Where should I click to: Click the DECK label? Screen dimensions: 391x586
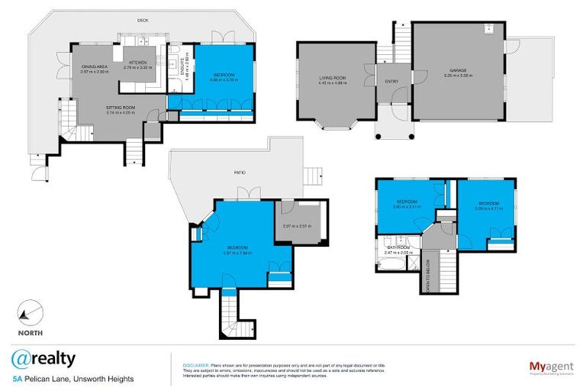pyautogui.click(x=143, y=20)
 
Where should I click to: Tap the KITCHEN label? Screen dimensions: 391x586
pyautogui.click(x=138, y=62)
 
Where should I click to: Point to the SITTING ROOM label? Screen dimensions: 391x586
pyautogui.click(x=120, y=108)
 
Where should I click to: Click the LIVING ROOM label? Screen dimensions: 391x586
pyautogui.click(x=333, y=79)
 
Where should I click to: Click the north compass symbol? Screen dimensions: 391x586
pyautogui.click(x=31, y=313)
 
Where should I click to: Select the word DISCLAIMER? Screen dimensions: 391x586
pyautogui.click(x=196, y=366)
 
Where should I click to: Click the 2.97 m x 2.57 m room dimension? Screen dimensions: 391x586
pyautogui.click(x=298, y=226)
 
